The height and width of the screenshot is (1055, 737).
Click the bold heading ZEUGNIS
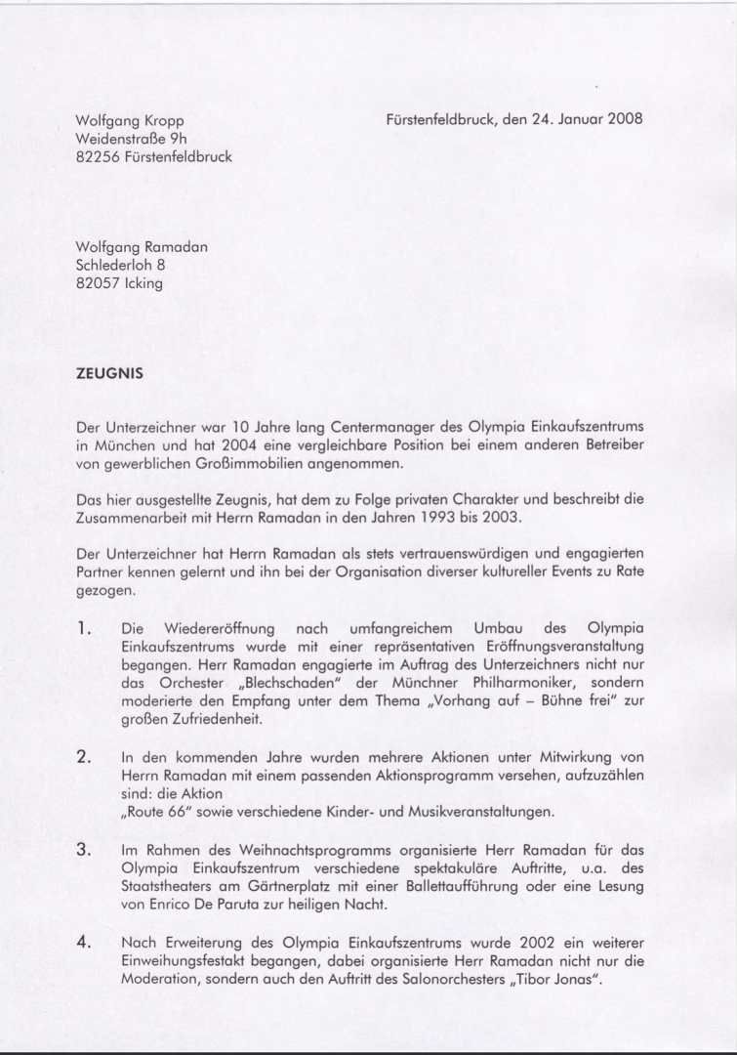pos(108,372)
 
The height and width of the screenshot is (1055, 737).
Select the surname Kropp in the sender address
pos(164,121)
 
